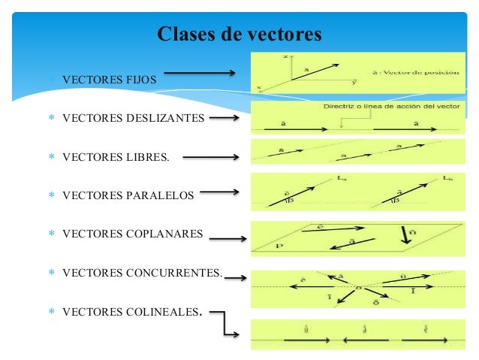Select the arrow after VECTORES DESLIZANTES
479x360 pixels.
pos(225,116)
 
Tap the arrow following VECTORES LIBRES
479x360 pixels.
pos(211,158)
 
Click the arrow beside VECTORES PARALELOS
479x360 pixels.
pos(220,192)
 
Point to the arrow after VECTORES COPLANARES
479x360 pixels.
pos(228,240)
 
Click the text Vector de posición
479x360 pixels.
pos(423,71)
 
